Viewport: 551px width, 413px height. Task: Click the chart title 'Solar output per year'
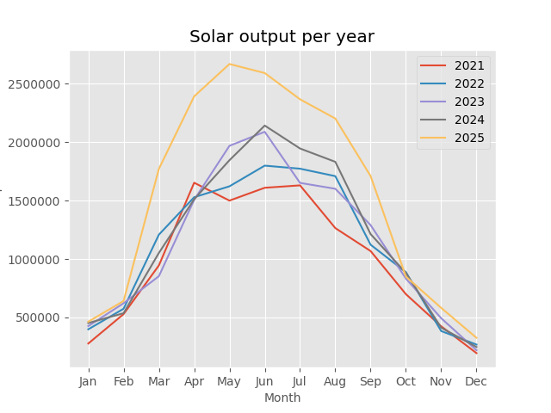(282, 37)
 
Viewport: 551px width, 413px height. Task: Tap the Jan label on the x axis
(88, 380)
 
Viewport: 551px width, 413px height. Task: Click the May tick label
(229, 380)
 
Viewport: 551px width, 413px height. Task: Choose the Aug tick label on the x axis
(335, 380)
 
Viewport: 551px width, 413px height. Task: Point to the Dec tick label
(476, 380)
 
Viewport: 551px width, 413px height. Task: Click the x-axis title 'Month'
(282, 398)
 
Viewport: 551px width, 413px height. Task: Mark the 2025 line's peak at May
(229, 64)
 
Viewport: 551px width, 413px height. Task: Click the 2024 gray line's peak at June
(264, 126)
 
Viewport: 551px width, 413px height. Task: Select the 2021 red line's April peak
(194, 182)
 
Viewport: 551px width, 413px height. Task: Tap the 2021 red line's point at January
(88, 344)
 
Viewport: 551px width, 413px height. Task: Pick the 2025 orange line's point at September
(370, 177)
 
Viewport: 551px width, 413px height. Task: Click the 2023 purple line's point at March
(158, 276)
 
